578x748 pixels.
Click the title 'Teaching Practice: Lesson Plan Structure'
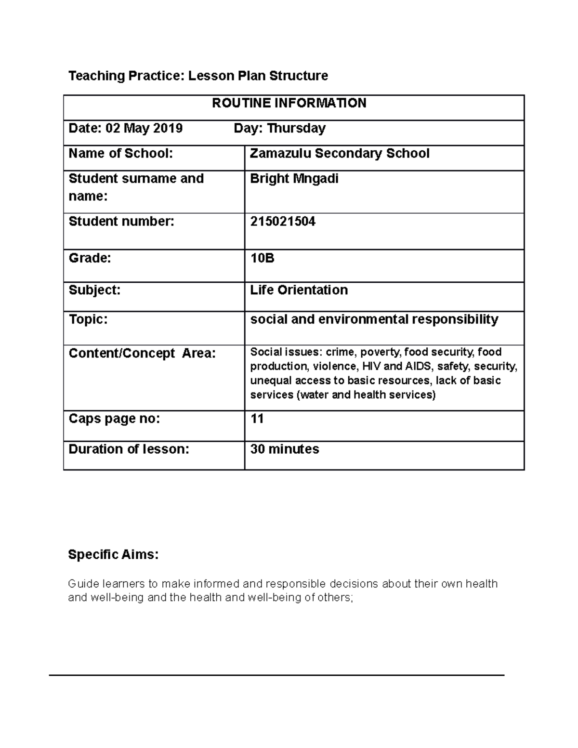tap(198, 76)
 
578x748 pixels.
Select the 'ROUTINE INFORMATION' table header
tap(289, 103)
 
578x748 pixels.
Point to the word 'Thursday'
tap(296, 128)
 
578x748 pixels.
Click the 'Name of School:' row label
tap(120, 154)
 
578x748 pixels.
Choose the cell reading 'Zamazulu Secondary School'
tap(340, 154)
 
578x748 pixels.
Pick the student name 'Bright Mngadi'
tap(294, 179)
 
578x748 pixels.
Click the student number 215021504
tap(283, 222)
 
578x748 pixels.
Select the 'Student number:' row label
tap(121, 222)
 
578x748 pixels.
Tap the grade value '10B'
tap(262, 258)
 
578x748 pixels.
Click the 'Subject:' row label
tap(94, 290)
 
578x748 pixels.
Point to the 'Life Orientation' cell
tap(299, 290)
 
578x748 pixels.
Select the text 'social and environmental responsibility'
tap(374, 319)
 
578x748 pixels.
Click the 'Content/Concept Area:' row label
tap(142, 354)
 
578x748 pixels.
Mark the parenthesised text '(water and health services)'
tap(366, 395)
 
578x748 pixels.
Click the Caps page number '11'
tap(257, 419)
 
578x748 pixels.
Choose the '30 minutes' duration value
tap(284, 449)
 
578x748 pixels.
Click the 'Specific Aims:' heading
tap(113, 555)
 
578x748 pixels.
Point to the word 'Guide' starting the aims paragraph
tap(82, 584)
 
